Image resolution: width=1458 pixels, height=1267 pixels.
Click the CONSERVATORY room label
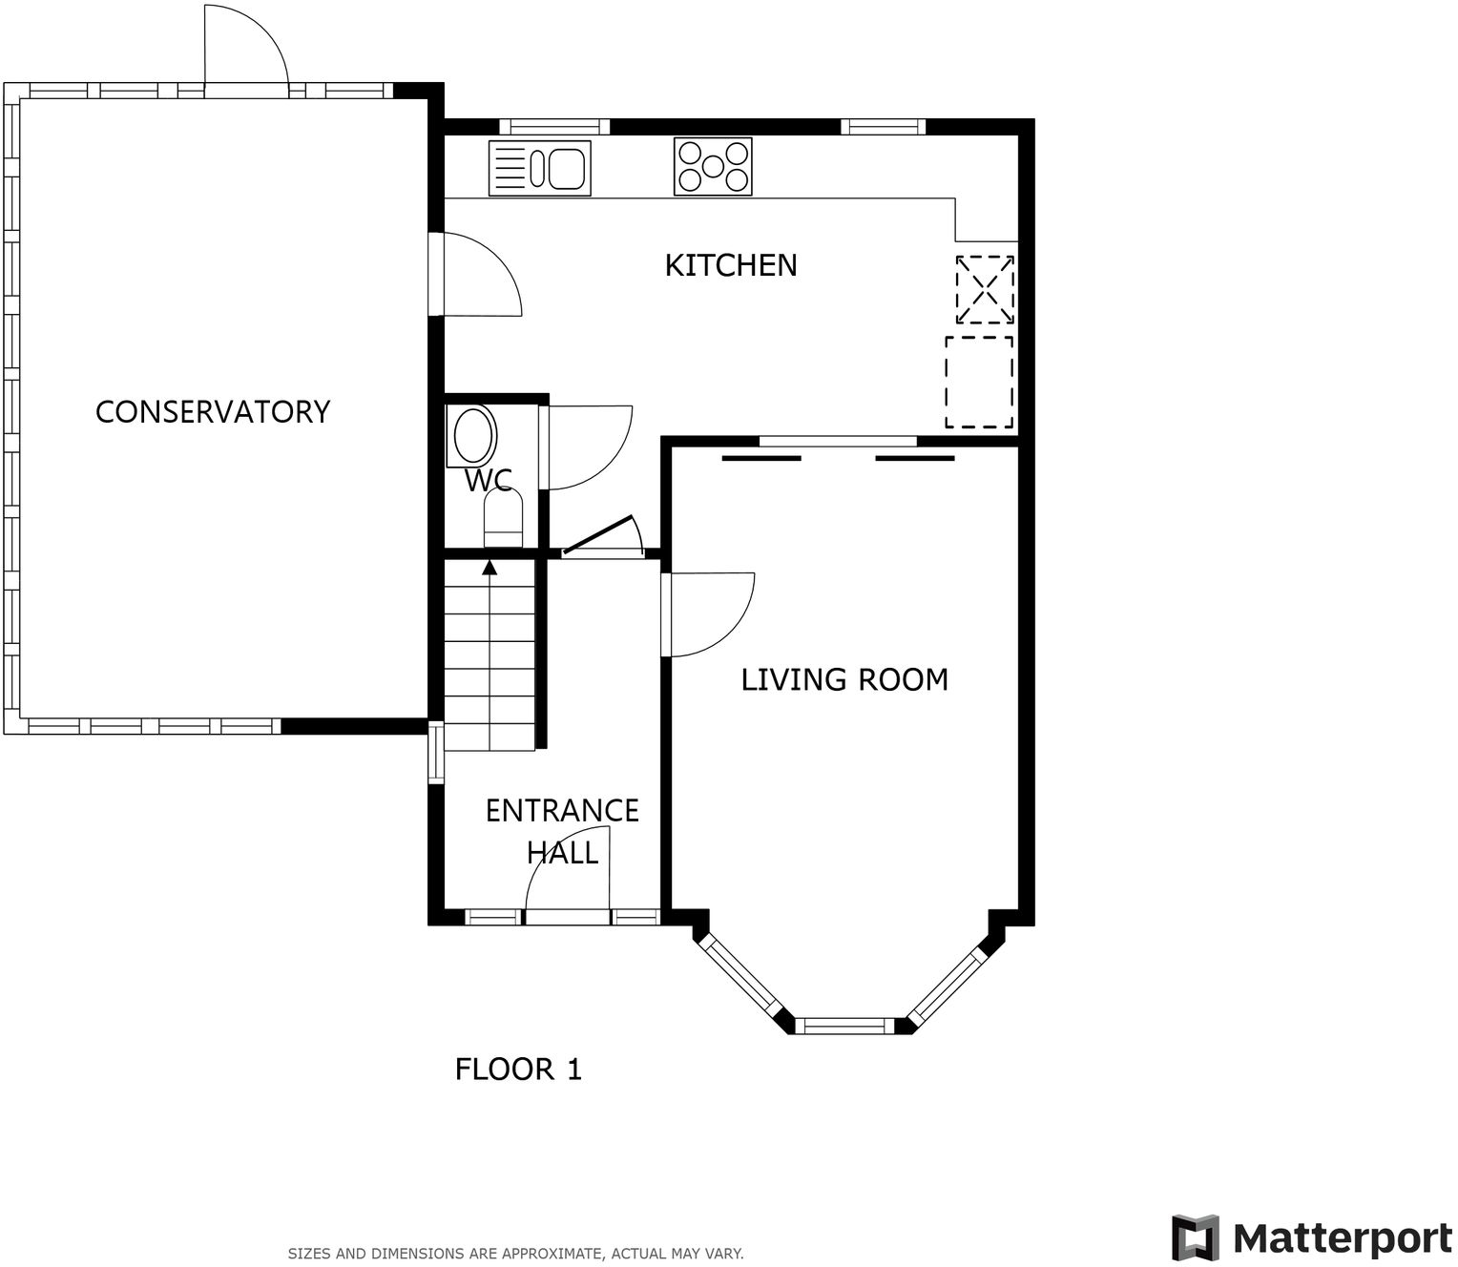213,412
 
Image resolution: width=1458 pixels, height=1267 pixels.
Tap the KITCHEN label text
730,265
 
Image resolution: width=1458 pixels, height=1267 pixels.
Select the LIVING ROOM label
844,679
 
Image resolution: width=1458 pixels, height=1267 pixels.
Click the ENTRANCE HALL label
562,831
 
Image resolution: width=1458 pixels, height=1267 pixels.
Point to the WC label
488,480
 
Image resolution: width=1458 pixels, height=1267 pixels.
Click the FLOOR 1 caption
518,1070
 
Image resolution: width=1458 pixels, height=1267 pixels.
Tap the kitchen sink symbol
539,169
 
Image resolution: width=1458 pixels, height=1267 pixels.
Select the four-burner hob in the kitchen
713,167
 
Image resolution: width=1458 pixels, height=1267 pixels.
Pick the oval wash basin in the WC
474,436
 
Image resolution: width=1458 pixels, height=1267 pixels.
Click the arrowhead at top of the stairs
489,568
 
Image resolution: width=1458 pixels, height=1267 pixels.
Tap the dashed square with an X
985,289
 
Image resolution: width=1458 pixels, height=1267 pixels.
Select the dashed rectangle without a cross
979,382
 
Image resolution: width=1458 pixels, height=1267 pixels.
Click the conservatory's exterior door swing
245,48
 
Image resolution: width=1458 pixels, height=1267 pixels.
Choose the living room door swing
709,614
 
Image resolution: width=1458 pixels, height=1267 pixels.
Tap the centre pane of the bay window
844,1027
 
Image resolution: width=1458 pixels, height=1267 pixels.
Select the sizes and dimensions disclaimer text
515,1254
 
